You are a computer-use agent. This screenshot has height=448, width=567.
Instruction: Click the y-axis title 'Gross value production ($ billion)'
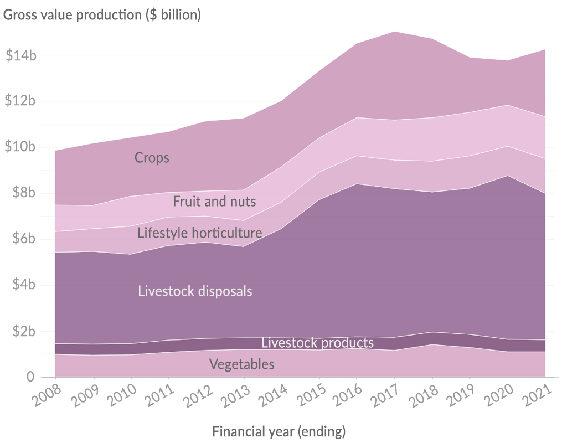pyautogui.click(x=102, y=15)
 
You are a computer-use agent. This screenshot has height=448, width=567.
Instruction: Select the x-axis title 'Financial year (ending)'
pyautogui.click(x=279, y=431)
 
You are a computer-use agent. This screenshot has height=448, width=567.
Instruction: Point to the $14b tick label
pyautogui.click(x=20, y=55)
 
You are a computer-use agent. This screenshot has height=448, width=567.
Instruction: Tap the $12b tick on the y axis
pyautogui.click(x=20, y=101)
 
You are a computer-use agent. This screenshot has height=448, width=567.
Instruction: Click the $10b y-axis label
pyautogui.click(x=20, y=147)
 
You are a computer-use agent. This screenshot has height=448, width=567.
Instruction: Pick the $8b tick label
pyautogui.click(x=24, y=193)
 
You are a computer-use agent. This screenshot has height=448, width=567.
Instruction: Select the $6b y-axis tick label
pyautogui.click(x=24, y=239)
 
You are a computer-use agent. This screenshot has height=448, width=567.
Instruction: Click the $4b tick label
pyautogui.click(x=24, y=285)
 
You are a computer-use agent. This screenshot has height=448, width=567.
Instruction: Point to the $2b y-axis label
pyautogui.click(x=24, y=331)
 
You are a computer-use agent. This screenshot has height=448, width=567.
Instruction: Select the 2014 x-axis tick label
pyautogui.click(x=273, y=398)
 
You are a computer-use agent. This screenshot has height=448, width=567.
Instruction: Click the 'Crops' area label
pyautogui.click(x=152, y=158)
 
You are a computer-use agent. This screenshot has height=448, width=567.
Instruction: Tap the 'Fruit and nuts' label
pyautogui.click(x=214, y=201)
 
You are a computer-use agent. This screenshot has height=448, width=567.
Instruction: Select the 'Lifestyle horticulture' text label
pyautogui.click(x=199, y=233)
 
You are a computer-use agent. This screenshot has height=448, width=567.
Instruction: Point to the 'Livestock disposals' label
pyautogui.click(x=195, y=291)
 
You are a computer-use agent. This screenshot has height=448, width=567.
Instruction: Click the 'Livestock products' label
pyautogui.click(x=317, y=343)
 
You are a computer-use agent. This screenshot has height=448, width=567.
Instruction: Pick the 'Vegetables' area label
pyautogui.click(x=241, y=364)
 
